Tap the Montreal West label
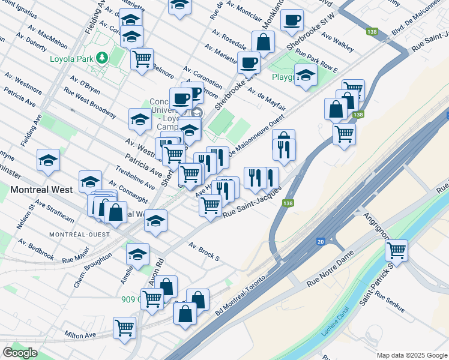coord(41,190)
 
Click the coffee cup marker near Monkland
coord(292,20)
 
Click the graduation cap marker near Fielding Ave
coord(48,160)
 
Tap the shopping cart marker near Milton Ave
coord(125,328)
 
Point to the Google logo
coord(20,353)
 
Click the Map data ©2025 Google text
coord(411,355)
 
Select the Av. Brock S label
coord(204,252)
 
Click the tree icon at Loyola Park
coord(102,58)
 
